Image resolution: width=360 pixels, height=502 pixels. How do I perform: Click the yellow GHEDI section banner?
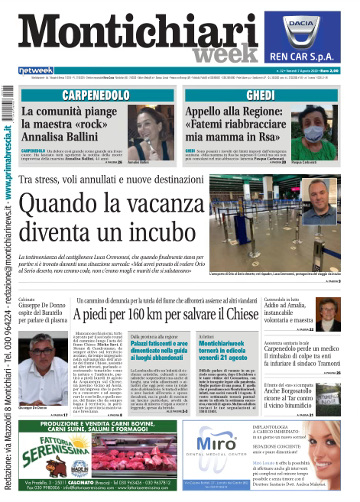click(266, 96)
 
